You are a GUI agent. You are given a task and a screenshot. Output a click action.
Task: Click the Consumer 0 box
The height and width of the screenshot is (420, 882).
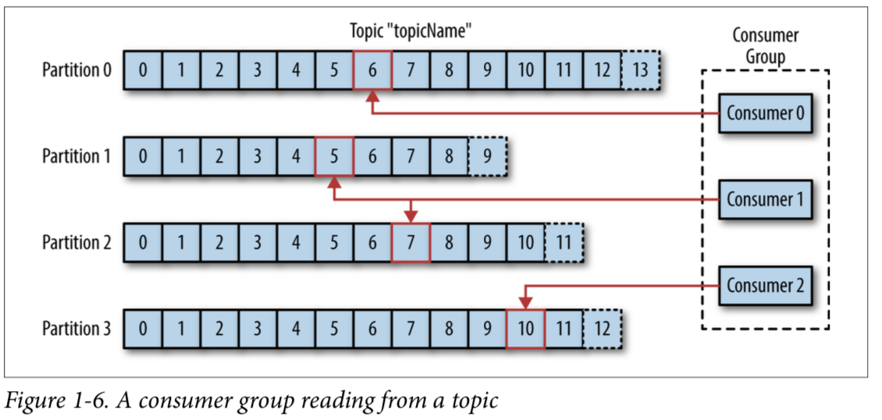[765, 112]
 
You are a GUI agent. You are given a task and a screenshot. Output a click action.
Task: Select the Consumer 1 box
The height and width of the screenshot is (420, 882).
[765, 199]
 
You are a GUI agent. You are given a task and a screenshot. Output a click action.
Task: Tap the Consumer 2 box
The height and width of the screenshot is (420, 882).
[765, 285]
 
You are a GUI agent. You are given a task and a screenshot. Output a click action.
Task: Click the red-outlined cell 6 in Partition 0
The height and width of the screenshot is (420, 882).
[372, 70]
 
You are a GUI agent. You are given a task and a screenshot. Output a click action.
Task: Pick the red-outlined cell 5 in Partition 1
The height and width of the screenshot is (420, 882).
[334, 156]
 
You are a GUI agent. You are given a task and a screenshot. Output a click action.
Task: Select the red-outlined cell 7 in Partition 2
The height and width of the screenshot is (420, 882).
[411, 242]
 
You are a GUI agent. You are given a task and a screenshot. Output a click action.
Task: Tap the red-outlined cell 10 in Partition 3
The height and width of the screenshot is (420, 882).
[525, 329]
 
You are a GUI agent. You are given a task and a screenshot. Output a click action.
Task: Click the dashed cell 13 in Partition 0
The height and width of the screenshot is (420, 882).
[641, 70]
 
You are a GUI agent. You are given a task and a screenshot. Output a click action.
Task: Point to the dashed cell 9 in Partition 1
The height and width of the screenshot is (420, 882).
[487, 156]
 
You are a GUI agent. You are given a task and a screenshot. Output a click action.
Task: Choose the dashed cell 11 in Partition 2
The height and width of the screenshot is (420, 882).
[564, 242]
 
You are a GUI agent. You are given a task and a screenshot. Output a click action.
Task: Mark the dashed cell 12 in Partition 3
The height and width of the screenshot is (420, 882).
[602, 329]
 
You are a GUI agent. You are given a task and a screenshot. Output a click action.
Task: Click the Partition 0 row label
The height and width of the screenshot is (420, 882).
[76, 70]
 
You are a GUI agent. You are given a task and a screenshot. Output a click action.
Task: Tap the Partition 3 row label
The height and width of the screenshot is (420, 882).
[76, 329]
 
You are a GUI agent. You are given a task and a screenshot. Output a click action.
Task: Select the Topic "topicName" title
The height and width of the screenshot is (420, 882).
[412, 32]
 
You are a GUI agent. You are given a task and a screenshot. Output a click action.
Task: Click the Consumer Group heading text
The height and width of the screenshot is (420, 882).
[765, 46]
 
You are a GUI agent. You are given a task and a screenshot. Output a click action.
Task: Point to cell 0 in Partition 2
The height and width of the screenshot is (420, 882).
[143, 242]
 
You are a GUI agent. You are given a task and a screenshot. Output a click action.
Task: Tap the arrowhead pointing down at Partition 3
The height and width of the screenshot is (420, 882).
[525, 302]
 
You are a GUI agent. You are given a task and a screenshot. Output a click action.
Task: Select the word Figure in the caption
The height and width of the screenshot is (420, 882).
[31, 401]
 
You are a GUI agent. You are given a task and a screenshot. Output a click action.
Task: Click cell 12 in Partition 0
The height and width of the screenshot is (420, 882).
[602, 70]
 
